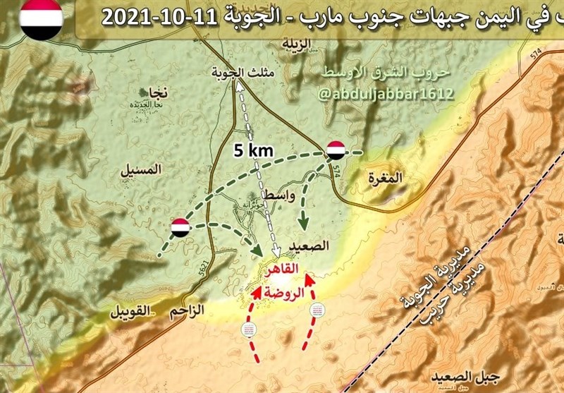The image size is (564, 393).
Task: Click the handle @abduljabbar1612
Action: tap(385, 93)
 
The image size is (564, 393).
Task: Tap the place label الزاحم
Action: tap(188, 308)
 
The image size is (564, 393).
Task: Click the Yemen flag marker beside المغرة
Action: tap(336, 150)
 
